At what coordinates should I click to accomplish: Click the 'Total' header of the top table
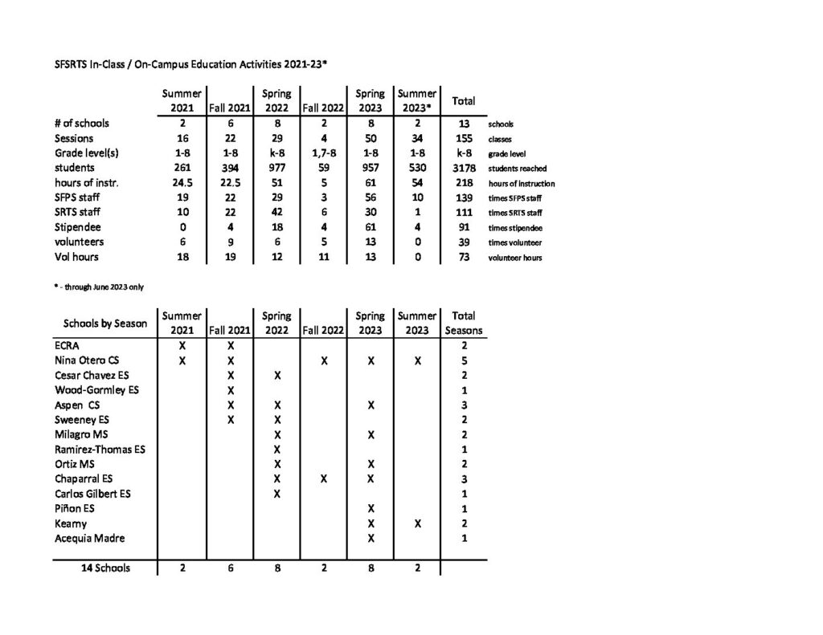pos(464,101)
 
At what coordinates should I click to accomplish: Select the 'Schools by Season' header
pos(105,324)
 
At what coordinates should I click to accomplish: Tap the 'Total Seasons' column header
pos(464,323)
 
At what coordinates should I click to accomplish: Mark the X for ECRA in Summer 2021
pos(182,345)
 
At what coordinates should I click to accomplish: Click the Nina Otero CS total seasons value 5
pos(464,360)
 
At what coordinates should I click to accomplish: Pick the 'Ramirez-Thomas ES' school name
pos(100,450)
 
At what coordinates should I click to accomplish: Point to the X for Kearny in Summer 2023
pos(417,523)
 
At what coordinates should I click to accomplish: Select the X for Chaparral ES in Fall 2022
pos(323,479)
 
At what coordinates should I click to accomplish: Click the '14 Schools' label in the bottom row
pos(105,568)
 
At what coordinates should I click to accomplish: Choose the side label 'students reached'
pos(518,169)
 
